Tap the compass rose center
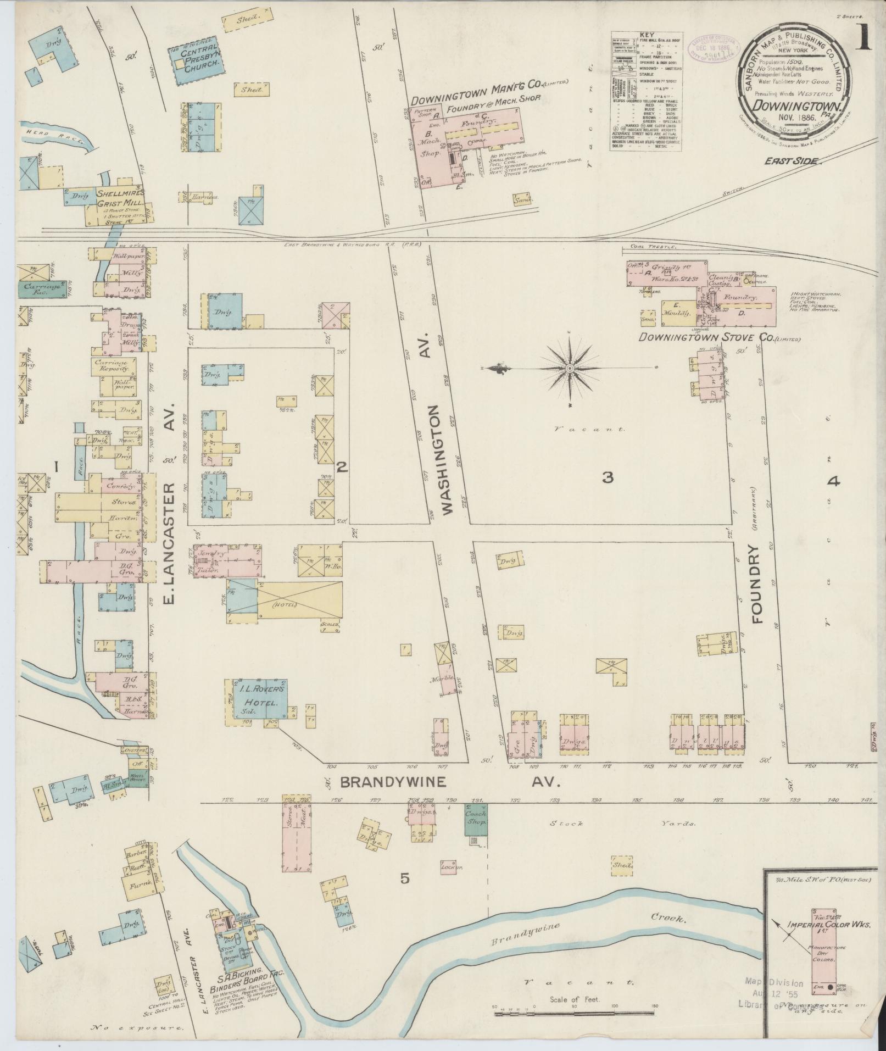(x=570, y=367)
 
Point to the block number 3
(x=607, y=477)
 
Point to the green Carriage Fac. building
(x=41, y=289)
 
